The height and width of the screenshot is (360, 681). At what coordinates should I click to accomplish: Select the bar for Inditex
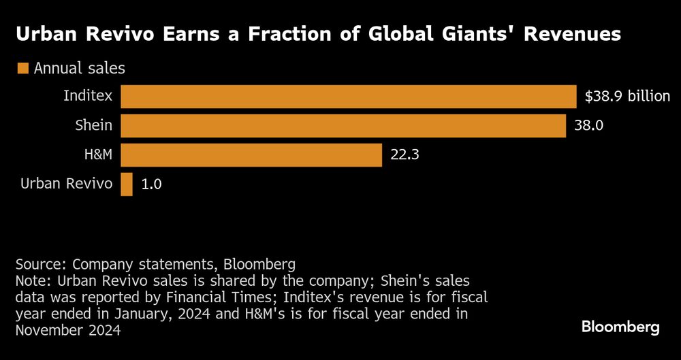(x=349, y=97)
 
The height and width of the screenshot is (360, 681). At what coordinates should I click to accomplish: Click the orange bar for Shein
(x=343, y=126)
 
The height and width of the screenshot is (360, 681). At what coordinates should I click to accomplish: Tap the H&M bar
(x=251, y=155)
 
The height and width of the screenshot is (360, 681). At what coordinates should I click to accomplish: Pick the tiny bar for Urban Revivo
(x=127, y=184)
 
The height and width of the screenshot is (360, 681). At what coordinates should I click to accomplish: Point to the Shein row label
(x=94, y=126)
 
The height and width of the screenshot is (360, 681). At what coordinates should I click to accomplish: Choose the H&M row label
(x=98, y=155)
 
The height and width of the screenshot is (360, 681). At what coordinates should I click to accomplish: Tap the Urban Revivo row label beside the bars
(x=66, y=184)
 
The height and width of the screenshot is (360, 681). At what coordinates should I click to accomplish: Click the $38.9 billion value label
(x=627, y=97)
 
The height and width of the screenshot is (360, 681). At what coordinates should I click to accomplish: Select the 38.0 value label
(x=588, y=126)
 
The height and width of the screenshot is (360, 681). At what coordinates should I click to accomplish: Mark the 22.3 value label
(x=404, y=155)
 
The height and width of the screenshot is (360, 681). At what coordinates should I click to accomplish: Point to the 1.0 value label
(x=152, y=184)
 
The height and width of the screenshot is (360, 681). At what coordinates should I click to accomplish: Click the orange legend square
(x=22, y=69)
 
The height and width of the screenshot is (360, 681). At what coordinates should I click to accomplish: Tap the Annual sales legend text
(x=79, y=69)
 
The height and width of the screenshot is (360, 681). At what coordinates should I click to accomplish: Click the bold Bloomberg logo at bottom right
(x=620, y=327)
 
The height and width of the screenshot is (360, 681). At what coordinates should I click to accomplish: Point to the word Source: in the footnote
(x=41, y=265)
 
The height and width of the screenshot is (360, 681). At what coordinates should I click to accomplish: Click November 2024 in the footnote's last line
(x=68, y=330)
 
